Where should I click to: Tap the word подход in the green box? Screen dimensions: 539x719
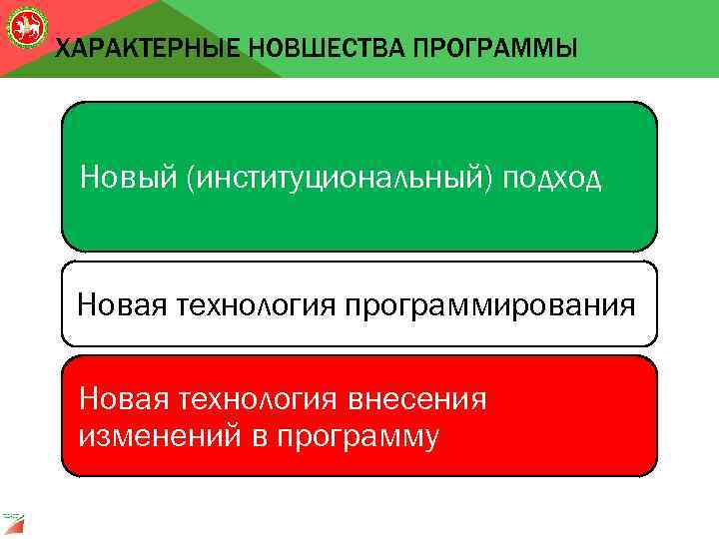[x=553, y=179]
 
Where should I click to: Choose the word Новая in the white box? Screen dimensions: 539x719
[x=123, y=303]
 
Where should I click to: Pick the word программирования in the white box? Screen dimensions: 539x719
[x=489, y=303]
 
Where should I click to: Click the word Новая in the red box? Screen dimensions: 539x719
[x=124, y=400]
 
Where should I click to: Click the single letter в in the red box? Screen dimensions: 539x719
[x=254, y=435]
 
